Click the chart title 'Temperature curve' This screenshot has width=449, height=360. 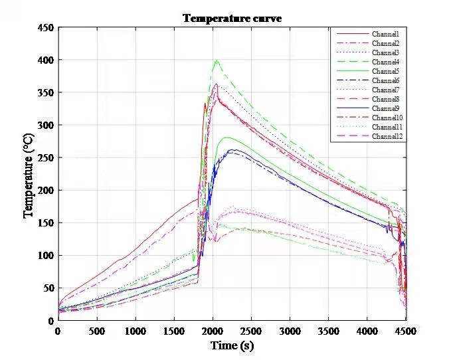(x=232, y=19)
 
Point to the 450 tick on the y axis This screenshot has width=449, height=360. (x=46, y=28)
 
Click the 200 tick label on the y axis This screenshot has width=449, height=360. (x=46, y=191)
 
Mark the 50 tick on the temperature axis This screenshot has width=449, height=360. (x=48, y=288)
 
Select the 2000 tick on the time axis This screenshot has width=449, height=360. (x=213, y=331)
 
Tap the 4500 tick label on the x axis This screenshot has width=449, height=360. (x=406, y=331)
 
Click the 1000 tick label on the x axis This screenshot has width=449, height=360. (x=135, y=331)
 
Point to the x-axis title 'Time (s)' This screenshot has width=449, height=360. (x=232, y=345)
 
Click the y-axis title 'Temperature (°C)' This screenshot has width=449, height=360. (x=29, y=174)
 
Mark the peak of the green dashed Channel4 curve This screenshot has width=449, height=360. (x=216, y=60)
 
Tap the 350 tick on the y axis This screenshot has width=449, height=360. (x=46, y=93)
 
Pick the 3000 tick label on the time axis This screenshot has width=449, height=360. (x=290, y=331)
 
